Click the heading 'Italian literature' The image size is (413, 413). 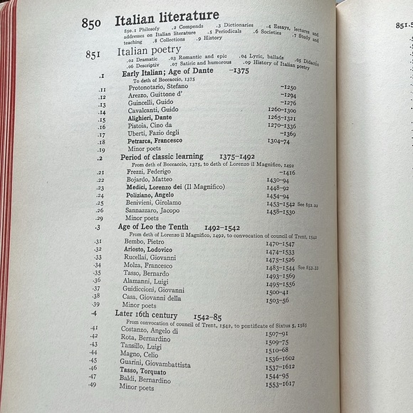click(x=167, y=20)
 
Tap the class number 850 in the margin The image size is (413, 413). click(x=91, y=23)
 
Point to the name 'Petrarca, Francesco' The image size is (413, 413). click(x=155, y=141)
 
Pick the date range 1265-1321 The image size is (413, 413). click(x=282, y=118)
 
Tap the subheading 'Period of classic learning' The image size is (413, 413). click(x=162, y=157)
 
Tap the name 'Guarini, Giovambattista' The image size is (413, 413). click(x=155, y=364)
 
